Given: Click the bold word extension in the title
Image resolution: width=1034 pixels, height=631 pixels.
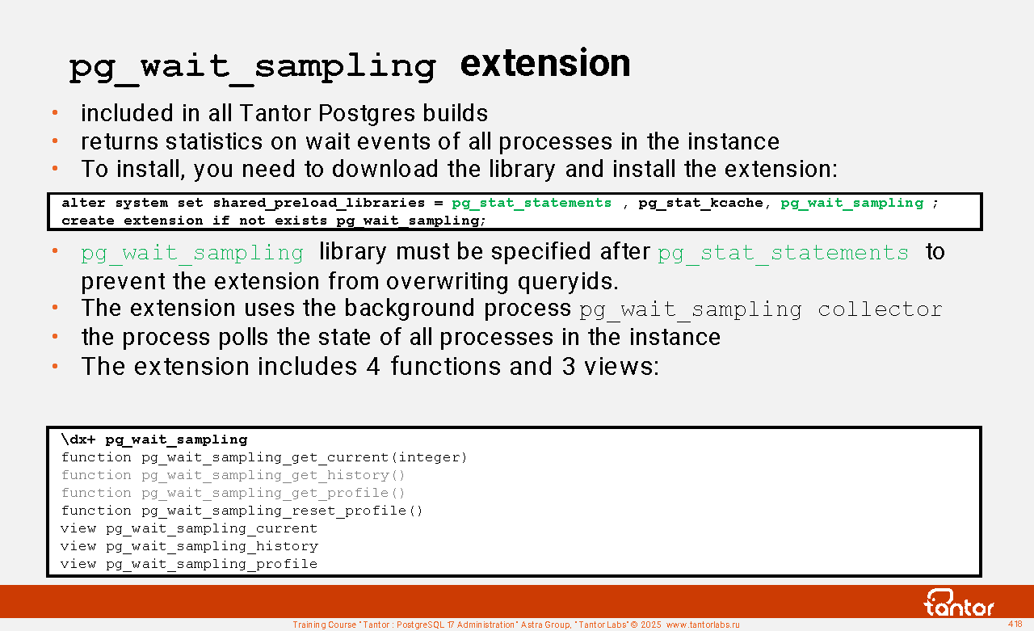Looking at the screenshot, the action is point(545,64).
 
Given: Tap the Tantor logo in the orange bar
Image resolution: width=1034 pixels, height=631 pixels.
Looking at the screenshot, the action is point(959,603).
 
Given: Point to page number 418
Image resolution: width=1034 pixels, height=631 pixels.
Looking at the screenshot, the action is point(1015,624).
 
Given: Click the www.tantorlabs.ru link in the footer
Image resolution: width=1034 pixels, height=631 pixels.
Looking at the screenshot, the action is point(703,625).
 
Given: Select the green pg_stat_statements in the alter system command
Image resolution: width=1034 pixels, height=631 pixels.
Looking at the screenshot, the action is point(532,203).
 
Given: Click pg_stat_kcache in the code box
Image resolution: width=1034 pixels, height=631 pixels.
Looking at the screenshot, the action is point(700,203).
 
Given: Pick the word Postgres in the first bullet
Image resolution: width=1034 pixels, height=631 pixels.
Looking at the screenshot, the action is point(367,114).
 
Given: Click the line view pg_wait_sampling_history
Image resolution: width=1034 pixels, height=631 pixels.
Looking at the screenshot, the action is point(189,546).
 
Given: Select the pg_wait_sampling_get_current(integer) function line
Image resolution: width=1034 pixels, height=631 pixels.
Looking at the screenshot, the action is point(264,457).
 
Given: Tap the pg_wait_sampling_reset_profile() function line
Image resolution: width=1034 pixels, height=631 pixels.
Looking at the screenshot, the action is point(242,511).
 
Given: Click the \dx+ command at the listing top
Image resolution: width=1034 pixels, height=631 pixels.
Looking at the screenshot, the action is point(78,440).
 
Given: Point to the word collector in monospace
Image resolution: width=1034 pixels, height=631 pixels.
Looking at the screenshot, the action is point(880,309).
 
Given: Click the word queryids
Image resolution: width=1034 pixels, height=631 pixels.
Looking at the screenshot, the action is point(568,281).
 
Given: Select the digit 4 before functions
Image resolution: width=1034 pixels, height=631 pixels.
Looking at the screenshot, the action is point(373,367).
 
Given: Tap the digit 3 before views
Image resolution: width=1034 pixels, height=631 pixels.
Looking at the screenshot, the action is point(568,367).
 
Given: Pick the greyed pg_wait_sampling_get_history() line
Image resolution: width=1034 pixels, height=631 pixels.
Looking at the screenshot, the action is point(233,475).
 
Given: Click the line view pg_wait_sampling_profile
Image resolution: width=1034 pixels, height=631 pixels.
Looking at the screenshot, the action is point(189,564).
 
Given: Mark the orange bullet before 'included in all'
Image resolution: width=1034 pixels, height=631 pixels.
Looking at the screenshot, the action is point(55,112).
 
